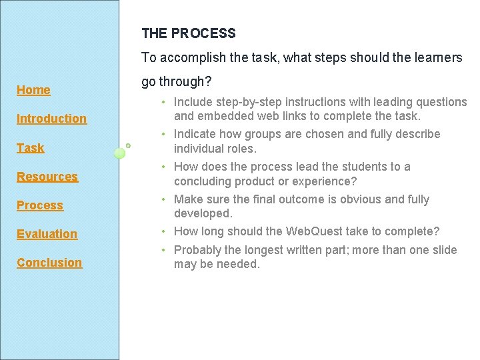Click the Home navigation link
(33, 90)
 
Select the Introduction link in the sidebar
(51, 119)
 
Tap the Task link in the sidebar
(30, 148)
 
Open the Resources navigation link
(47, 177)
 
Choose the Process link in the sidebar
(39, 205)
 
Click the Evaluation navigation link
(47, 234)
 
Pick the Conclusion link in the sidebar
(49, 263)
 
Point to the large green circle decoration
(120, 153)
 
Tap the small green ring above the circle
(128, 145)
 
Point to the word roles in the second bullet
(242, 149)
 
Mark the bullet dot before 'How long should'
(163, 232)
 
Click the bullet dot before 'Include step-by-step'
(163, 103)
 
